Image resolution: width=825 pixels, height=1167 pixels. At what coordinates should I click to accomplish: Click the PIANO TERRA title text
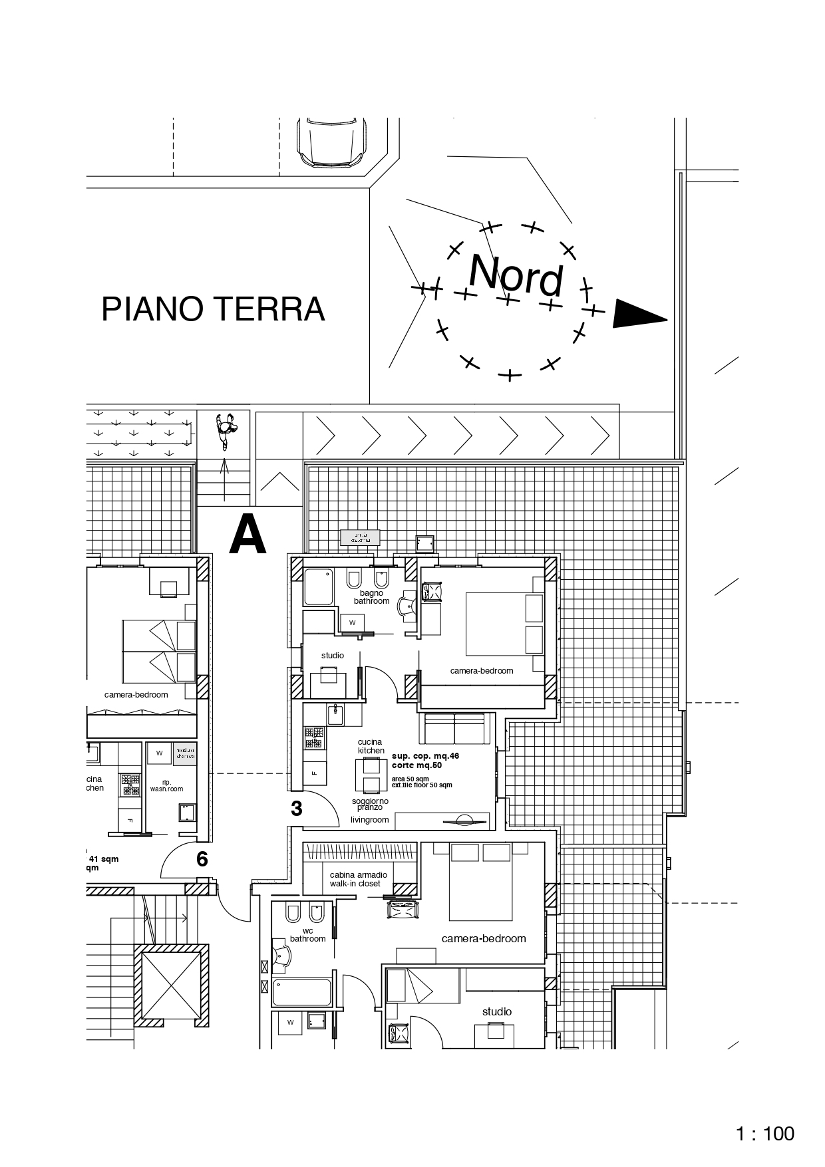(213, 309)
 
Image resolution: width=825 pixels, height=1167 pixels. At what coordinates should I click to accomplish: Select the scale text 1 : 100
(765, 1133)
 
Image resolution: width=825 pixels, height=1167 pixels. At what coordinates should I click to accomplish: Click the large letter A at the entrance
(247, 536)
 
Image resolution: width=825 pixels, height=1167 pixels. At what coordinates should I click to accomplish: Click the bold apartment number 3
(297, 809)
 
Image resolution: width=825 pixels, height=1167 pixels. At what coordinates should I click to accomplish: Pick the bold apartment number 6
(202, 859)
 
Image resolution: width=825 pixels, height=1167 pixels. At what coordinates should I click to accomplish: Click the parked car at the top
(332, 142)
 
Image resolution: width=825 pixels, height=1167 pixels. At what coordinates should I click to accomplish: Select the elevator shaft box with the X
(168, 985)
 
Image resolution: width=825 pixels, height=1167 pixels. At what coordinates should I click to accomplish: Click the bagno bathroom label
(371, 596)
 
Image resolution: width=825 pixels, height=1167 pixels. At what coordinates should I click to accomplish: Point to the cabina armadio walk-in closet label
(355, 879)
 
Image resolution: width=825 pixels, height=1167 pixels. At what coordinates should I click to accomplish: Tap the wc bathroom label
(307, 935)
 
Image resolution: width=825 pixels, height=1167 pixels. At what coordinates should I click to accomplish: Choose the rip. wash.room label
(166, 785)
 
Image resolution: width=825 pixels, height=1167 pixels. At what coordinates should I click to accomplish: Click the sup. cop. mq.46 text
(425, 756)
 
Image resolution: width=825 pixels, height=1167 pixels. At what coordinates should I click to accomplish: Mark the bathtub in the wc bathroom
(301, 992)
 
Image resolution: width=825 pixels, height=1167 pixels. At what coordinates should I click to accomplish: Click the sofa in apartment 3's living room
(454, 729)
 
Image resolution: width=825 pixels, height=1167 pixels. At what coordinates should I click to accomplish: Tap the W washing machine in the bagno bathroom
(353, 622)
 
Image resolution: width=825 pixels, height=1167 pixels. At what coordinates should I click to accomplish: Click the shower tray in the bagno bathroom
(318, 586)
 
